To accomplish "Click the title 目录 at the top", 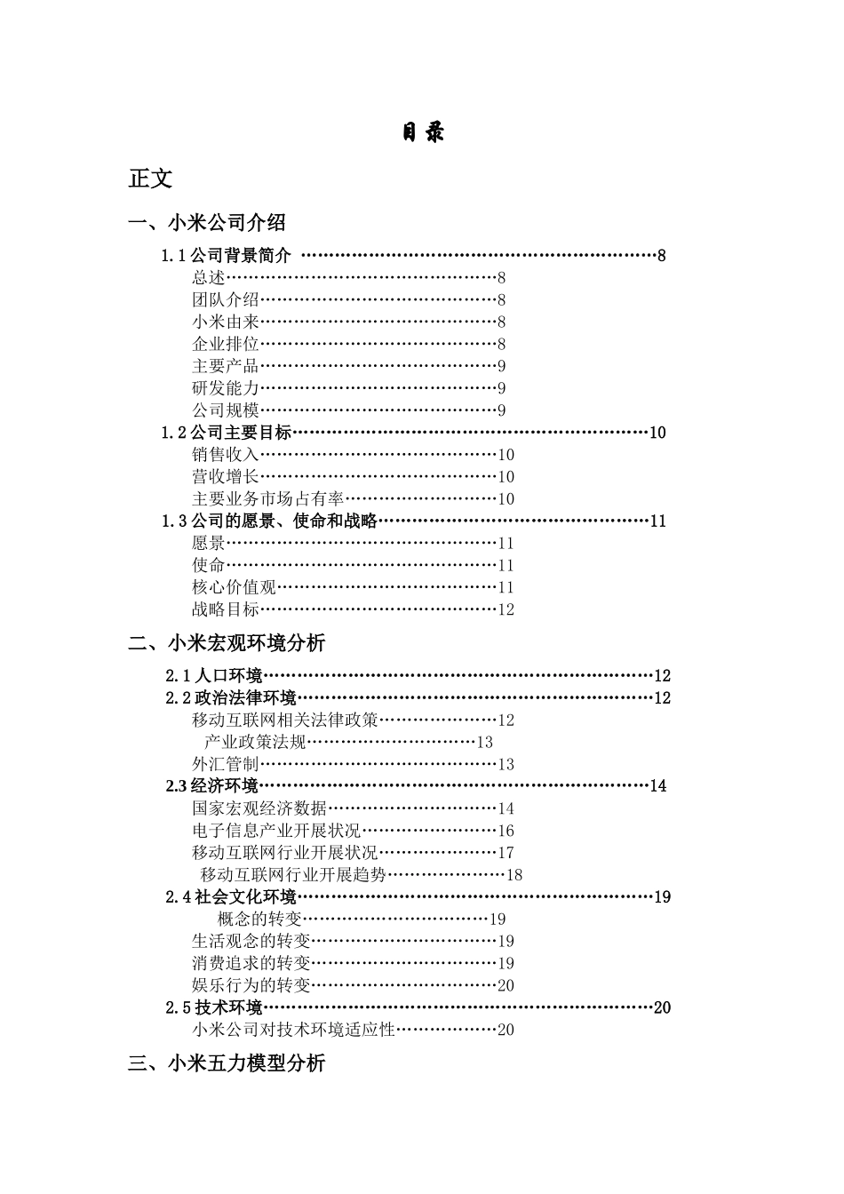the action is coord(422,133).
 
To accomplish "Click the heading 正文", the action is coord(150,179).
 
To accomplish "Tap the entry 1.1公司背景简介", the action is coord(227,256).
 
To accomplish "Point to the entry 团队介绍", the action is coord(226,300).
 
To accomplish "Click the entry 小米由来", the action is coord(226,322).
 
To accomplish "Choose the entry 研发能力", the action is coord(226,388).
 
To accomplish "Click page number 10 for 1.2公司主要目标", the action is coord(657,433).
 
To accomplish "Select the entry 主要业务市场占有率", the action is coord(267,499).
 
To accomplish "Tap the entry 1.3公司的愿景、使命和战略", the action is coord(269,521).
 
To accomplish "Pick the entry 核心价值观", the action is coord(234,587).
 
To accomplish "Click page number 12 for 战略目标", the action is coord(506,609).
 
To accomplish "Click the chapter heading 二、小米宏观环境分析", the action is coord(227,642).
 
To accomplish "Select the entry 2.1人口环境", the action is coord(214,675).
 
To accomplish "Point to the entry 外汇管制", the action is coord(226,764).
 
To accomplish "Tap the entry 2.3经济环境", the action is coord(212,785).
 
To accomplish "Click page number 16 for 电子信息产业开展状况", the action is coord(506,831).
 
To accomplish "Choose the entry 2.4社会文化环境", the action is coord(231,896).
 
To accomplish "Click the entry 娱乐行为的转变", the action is coord(251,985).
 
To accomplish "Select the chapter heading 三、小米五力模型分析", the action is coord(227,1063).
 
